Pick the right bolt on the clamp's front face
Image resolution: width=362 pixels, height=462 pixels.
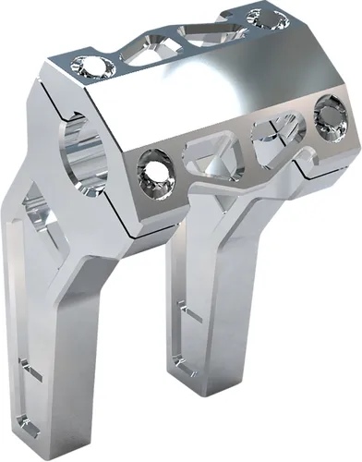pos(327,115)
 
